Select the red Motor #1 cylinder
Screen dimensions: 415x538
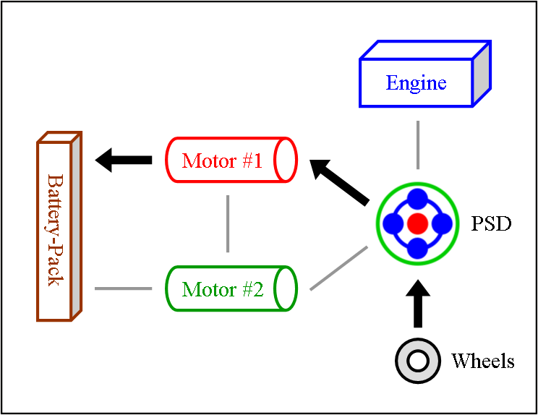pos(231,160)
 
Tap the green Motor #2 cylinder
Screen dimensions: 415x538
pos(231,289)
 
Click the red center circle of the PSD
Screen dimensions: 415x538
pos(417,223)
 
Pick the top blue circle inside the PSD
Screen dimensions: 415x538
pos(417,200)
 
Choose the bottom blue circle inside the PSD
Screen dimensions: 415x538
pos(417,248)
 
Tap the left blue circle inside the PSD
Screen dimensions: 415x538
pos(393,223)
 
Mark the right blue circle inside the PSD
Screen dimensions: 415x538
pos(441,223)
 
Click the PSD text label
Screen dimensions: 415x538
pos(492,223)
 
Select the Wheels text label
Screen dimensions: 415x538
pos(482,360)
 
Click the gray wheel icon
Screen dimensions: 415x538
pos(418,360)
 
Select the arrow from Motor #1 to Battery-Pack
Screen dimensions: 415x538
pos(123,160)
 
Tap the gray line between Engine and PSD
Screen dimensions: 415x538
pos(418,145)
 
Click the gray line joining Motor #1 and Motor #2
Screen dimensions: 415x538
pos(228,223)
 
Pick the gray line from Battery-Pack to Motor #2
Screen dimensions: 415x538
pos(123,289)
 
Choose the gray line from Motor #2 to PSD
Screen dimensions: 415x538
pos(338,268)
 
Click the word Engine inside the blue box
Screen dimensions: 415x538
pos(416,82)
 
